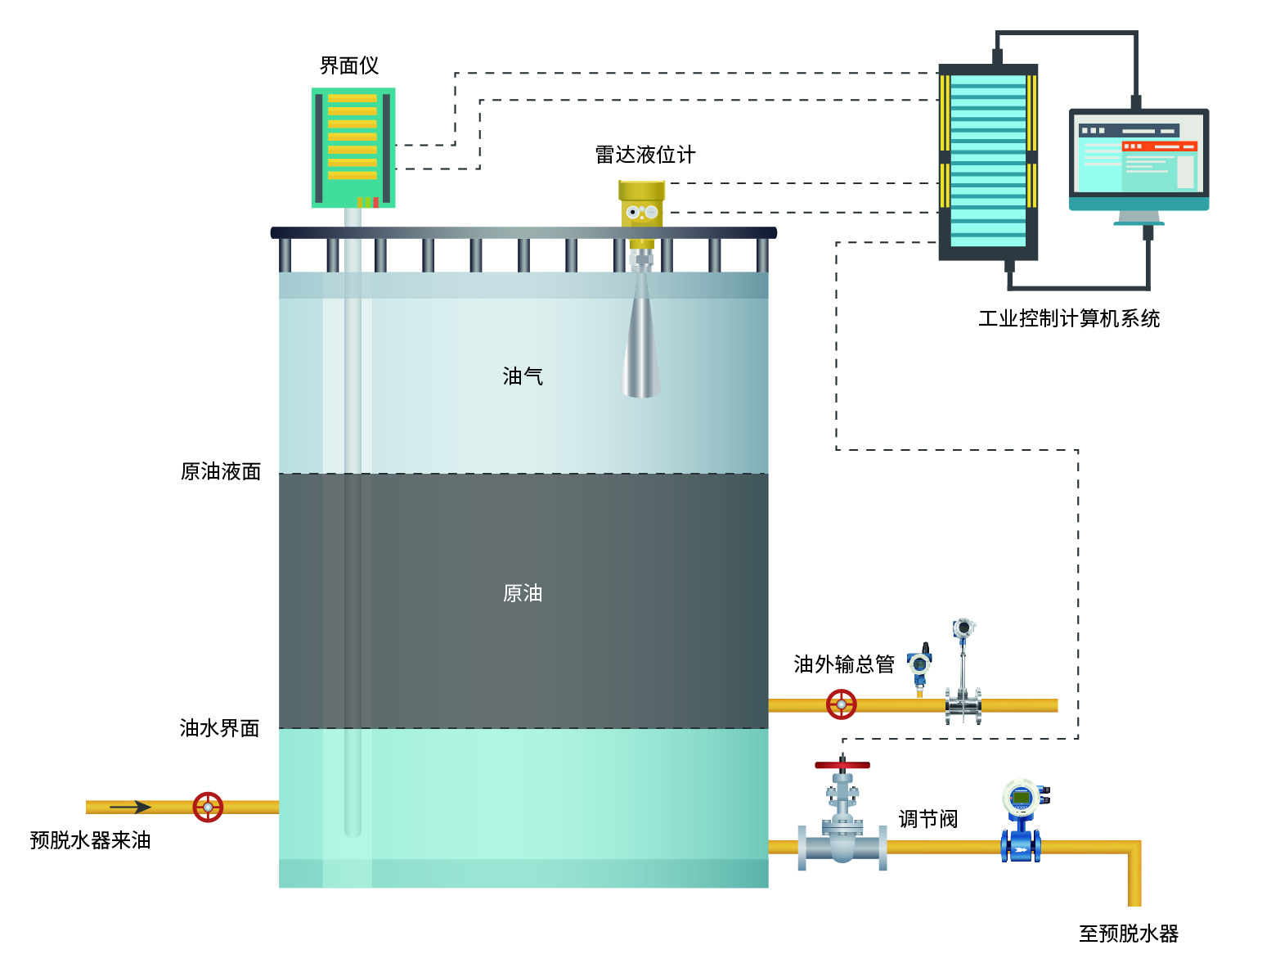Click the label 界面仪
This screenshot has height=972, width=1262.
[349, 65]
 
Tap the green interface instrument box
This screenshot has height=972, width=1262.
[353, 147]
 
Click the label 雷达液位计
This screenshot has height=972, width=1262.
[644, 155]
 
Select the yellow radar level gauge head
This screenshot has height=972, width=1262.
[641, 205]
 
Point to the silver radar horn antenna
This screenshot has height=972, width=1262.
[641, 344]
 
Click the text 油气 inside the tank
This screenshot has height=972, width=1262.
[523, 376]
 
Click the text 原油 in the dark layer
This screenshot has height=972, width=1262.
[523, 593]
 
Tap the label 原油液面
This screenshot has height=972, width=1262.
[221, 471]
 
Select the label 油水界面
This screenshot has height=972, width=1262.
[219, 728]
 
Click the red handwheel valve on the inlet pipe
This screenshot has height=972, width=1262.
[208, 807]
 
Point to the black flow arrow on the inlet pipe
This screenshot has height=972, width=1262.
[131, 807]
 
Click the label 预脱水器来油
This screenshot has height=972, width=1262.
[90, 840]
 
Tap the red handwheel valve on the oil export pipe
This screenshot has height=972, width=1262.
[841, 704]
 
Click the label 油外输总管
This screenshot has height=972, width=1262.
[844, 664]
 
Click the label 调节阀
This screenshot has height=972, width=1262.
[927, 819]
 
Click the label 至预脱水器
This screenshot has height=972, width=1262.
[1129, 934]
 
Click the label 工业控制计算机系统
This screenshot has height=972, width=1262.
[1069, 318]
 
